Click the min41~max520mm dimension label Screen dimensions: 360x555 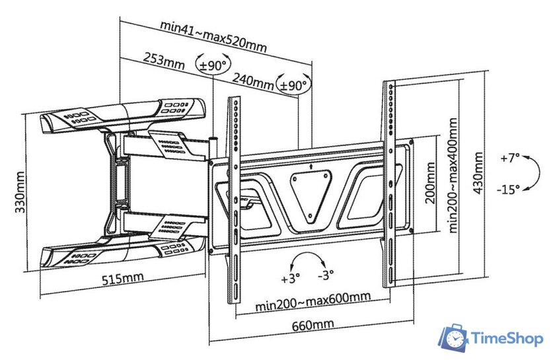pyautogui.click(x=213, y=36)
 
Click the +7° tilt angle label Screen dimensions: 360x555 pyautogui.click(x=510, y=159)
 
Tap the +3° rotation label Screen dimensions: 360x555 pyautogui.click(x=290, y=278)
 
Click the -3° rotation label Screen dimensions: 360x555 pyautogui.click(x=326, y=278)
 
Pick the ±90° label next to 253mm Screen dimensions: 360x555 pyautogui.click(x=213, y=65)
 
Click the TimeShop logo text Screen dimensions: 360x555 pyautogui.click(x=507, y=338)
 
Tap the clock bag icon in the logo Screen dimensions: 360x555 pyautogui.click(x=455, y=338)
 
